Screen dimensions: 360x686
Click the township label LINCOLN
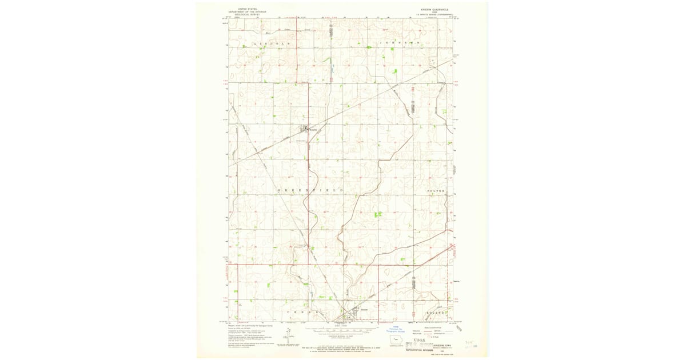272,43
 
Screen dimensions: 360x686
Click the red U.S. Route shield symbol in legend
430,337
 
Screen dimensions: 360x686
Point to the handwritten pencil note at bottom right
471,345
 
